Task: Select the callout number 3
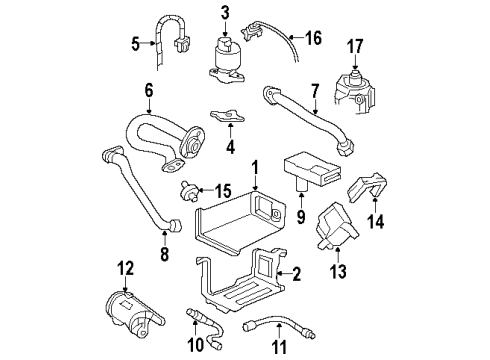tap(225, 12)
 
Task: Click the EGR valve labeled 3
tap(227, 58)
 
